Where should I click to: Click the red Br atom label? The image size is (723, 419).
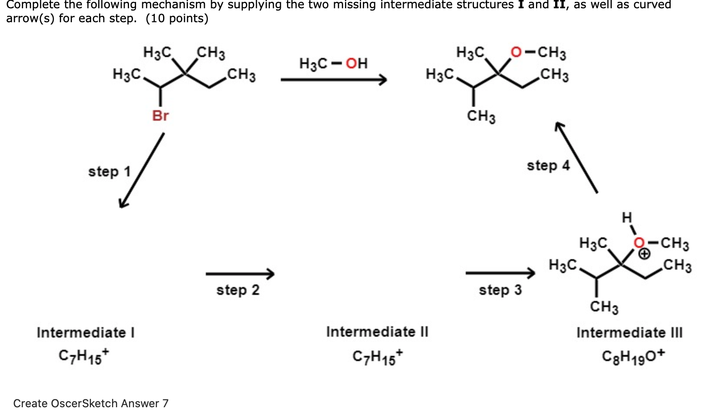(x=160, y=116)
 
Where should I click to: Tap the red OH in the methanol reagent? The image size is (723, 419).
(x=357, y=64)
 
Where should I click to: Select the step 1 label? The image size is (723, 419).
(x=109, y=172)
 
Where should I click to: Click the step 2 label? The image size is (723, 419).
(x=238, y=290)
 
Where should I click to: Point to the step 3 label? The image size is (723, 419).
(x=500, y=290)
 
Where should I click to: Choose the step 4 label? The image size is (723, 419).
(x=548, y=166)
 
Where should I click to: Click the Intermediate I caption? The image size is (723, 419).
(x=85, y=333)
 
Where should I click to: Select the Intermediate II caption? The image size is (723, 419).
(x=377, y=332)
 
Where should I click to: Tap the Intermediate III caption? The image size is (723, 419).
(x=629, y=333)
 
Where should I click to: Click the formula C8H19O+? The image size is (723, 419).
(x=633, y=356)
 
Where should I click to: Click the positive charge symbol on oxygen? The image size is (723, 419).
(x=645, y=254)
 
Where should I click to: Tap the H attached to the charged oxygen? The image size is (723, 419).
(x=627, y=217)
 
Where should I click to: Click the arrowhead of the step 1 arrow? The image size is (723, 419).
(x=123, y=203)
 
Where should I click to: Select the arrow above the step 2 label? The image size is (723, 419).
(x=240, y=274)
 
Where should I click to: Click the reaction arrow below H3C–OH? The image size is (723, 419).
(x=334, y=80)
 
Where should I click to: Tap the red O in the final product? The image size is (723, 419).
(x=516, y=53)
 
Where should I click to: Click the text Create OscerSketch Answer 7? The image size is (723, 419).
(x=91, y=403)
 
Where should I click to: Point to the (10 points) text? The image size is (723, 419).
(x=177, y=19)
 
